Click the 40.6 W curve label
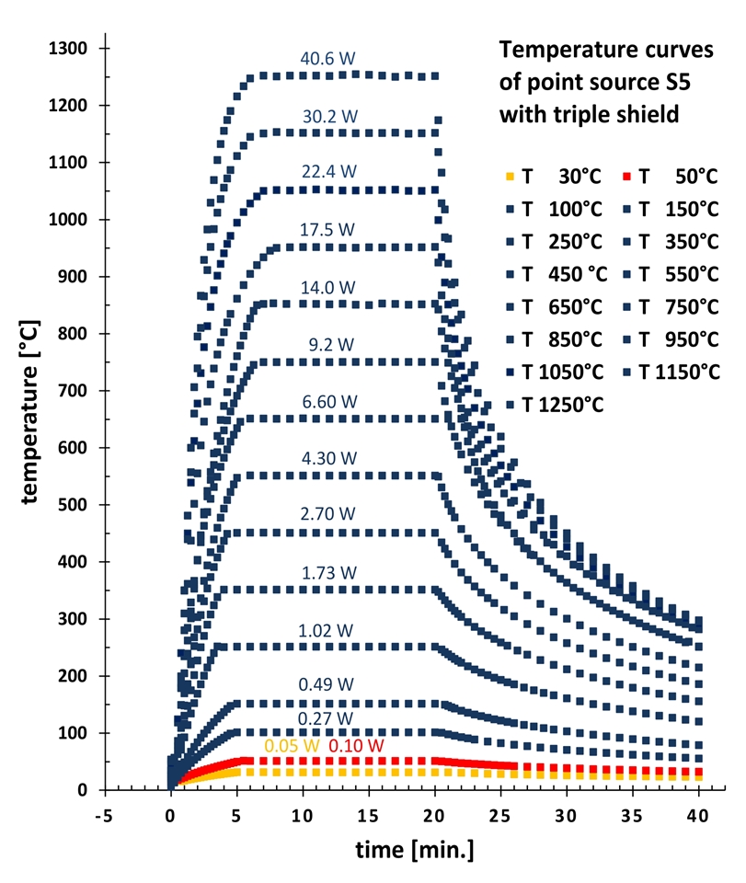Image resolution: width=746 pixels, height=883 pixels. pyautogui.click(x=327, y=58)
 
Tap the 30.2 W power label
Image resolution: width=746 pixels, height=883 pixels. pyautogui.click(x=327, y=115)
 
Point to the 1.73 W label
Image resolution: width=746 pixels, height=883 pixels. pyautogui.click(x=327, y=572)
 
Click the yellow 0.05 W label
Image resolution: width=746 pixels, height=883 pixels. pyautogui.click(x=291, y=745)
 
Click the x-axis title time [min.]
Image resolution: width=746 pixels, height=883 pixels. pyautogui.click(x=415, y=851)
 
